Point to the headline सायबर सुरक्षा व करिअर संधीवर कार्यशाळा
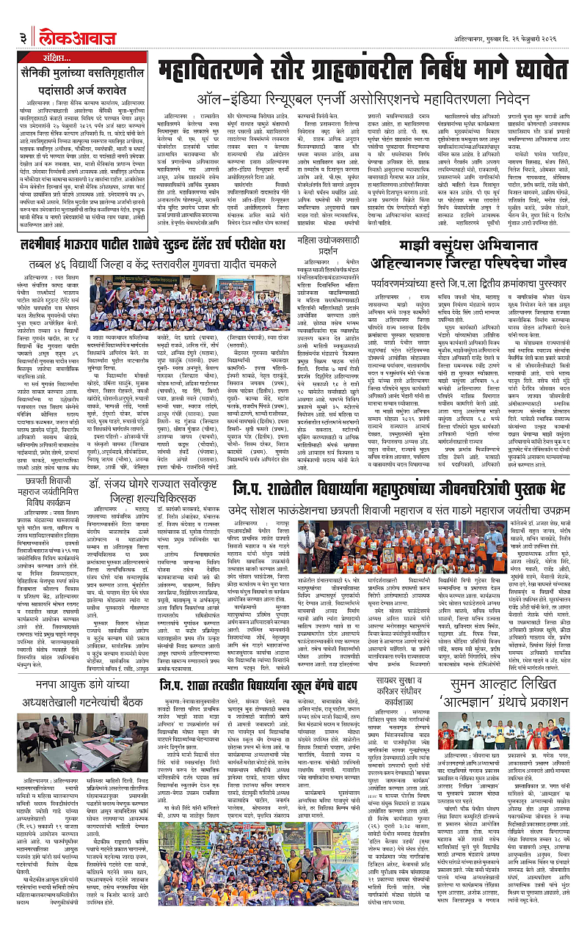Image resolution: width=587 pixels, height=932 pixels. (x=401, y=672)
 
